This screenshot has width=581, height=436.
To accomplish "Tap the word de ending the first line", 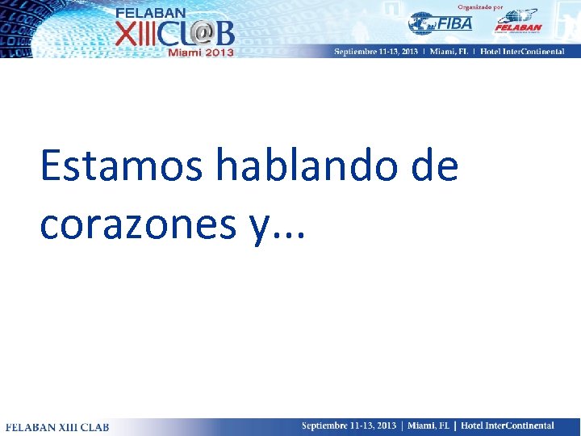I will point(434,167).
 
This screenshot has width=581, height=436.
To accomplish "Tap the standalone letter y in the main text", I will point(258,228).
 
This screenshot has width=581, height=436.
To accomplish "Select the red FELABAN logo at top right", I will point(516,22).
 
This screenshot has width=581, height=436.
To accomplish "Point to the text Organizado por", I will point(483,6).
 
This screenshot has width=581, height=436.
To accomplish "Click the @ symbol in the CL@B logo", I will point(199,32).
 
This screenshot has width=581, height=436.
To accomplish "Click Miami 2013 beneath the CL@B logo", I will point(200,52).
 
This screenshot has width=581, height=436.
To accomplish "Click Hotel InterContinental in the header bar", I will point(532,52).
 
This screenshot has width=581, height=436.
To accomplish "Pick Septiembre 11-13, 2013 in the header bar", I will point(376,52).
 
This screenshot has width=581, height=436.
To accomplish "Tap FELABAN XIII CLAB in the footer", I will point(57,426).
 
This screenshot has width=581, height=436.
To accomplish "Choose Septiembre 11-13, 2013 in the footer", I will point(349,426).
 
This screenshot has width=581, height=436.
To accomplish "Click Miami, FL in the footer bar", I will point(431,426).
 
